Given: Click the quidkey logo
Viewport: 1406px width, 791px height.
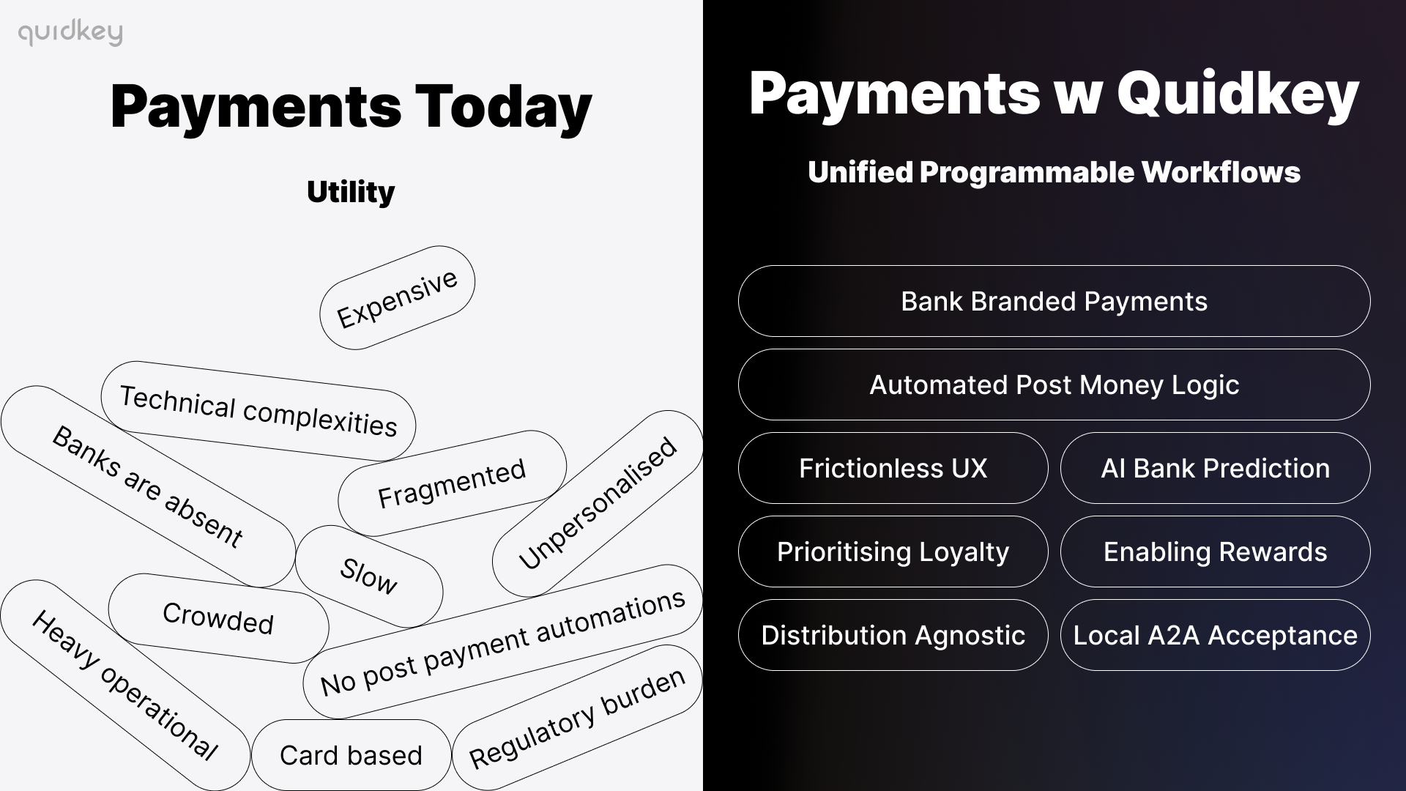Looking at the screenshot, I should [x=70, y=33].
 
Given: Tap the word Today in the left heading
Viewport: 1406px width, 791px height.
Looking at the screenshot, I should [x=503, y=107].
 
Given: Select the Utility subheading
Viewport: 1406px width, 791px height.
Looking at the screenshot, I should [x=351, y=192].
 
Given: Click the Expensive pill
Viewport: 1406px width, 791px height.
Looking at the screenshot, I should [x=397, y=298].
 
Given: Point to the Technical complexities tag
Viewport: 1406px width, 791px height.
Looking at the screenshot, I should [x=258, y=411].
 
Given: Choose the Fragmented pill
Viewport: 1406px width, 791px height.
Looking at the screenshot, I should [x=452, y=483].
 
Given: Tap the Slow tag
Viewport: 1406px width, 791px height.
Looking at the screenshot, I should [x=368, y=576].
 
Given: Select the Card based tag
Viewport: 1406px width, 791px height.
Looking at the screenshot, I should [x=351, y=755].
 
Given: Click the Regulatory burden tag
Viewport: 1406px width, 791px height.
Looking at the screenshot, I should [x=577, y=718].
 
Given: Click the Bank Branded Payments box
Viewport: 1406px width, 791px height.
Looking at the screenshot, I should [x=1054, y=301].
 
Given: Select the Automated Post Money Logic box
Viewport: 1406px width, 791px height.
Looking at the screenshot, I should [x=1054, y=385].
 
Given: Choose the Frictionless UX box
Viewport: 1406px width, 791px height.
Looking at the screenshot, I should [x=893, y=468].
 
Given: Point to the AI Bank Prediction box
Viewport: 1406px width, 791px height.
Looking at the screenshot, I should [x=1215, y=468].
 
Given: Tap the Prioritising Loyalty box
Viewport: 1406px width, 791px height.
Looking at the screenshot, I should [x=893, y=552].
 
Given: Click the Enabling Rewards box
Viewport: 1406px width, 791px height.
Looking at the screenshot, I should [x=1215, y=552].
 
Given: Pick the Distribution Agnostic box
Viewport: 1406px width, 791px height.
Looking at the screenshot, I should [x=893, y=635].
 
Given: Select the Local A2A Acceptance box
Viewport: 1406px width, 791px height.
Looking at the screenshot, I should [x=1215, y=635].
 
